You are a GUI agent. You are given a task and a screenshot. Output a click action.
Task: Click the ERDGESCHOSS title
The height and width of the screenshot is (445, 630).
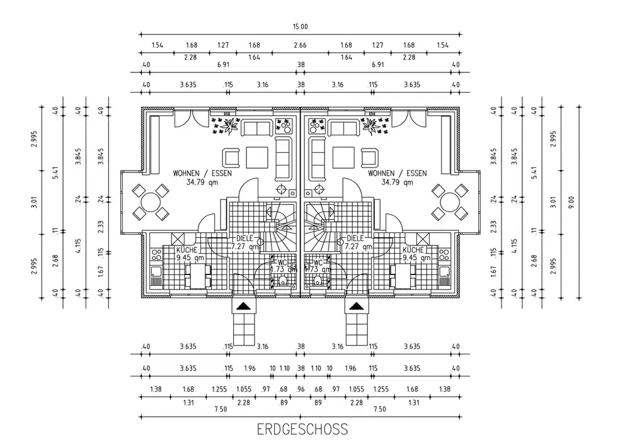pos(302,429)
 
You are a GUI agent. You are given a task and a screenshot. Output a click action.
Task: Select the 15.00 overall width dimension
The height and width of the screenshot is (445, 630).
pos(300,26)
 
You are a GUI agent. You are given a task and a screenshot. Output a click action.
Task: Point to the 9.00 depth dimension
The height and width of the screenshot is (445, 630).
pos(572,202)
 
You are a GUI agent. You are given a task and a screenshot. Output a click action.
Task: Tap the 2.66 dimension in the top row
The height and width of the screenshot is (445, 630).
pos(300,45)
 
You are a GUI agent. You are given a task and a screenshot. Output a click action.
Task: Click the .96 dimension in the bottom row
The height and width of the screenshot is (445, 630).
pos(300,389)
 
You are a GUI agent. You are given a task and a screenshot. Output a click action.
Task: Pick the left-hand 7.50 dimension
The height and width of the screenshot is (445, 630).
pos(220,409)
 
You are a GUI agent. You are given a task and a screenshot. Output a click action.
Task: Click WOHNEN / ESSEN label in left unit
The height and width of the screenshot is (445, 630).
pos(202,173)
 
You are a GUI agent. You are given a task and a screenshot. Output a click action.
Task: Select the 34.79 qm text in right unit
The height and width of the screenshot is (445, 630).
pos(398,182)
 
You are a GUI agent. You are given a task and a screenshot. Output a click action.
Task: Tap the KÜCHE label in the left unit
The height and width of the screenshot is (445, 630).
pos(187,250)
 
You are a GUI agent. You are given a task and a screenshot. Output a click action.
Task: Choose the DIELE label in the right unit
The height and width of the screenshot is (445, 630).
pos(355,238)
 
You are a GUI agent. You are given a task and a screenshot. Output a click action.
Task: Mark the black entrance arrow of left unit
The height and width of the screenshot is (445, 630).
pos(243,307)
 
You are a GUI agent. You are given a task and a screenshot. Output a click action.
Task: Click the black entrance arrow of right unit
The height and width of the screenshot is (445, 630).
pos(357,307)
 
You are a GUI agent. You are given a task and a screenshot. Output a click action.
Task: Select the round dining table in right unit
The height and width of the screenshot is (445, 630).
pos(450,202)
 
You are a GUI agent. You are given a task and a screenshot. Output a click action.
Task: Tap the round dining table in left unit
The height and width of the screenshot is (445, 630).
pos(151,202)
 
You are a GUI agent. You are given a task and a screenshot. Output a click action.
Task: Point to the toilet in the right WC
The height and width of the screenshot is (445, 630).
pos(318,279)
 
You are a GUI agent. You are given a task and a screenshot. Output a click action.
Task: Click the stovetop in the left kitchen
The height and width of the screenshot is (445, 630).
pos(156,254)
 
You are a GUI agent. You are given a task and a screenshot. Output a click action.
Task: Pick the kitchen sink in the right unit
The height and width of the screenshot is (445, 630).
pos(444,272)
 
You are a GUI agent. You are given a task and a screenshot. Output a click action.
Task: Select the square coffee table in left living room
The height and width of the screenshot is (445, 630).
pos(257,157)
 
